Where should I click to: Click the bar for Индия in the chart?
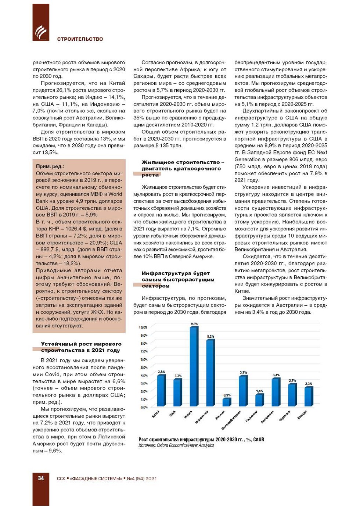click(194, 367)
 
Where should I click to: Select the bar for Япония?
click(227, 402)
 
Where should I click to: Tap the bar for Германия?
click(259, 400)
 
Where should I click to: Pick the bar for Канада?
click(309, 397)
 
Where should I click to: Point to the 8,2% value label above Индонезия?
click(210, 336)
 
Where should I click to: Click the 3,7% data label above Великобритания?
click(243, 372)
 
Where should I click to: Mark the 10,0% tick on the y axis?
click(143, 327)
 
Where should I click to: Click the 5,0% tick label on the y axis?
click(144, 368)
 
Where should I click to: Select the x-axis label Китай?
click(156, 414)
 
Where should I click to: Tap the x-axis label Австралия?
click(267, 417)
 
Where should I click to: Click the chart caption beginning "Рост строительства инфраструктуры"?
click(201, 440)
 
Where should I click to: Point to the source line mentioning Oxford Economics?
click(176, 445)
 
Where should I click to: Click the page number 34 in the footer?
click(41, 478)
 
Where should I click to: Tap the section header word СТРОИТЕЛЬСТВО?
click(80, 39)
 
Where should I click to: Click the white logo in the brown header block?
click(41, 32)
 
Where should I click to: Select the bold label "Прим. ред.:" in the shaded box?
click(50, 166)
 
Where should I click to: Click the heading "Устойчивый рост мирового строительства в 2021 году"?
click(81, 347)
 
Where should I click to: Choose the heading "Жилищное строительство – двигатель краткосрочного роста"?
click(183, 168)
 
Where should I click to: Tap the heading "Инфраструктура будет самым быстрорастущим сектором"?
click(178, 279)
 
